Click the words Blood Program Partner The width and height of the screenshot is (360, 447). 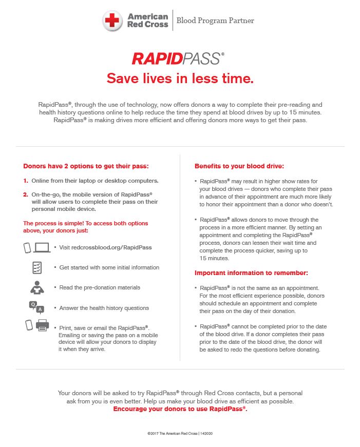pyautogui.click(x=215, y=21)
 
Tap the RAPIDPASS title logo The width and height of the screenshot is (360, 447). pyautogui.click(x=178, y=59)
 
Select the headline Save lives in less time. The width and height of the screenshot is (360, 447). pyautogui.click(x=180, y=79)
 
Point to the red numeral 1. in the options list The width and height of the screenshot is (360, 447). pyautogui.click(x=26, y=181)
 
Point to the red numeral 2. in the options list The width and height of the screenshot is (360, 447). pyautogui.click(x=26, y=195)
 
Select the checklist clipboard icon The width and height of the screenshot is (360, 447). pyautogui.click(x=37, y=267)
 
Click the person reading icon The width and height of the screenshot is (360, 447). pyautogui.click(x=37, y=288)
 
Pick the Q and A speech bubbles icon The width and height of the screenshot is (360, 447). pyautogui.click(x=36, y=307)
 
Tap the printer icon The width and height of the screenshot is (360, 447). pyautogui.click(x=42, y=326)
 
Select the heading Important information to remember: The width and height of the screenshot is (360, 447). pyautogui.click(x=251, y=273)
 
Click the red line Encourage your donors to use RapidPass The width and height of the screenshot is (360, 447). pyautogui.click(x=180, y=409)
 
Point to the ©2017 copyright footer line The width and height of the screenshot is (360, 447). pyautogui.click(x=180, y=434)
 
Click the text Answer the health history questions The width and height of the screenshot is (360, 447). pyautogui.click(x=104, y=308)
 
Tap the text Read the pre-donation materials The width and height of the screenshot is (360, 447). pyautogui.click(x=100, y=287)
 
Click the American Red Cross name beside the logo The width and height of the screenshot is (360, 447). pyautogui.click(x=147, y=21)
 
